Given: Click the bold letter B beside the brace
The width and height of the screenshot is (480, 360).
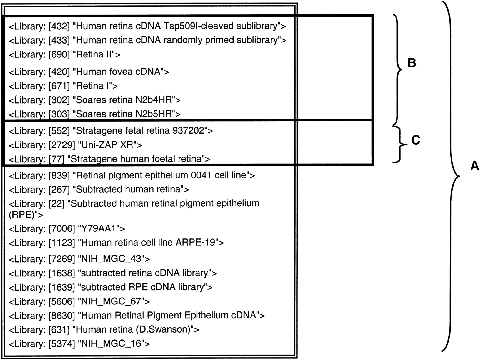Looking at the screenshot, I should point(411,63).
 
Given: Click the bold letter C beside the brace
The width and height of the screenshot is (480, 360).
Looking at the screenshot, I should point(416,140).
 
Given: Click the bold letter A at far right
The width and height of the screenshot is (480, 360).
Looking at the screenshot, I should point(475,166).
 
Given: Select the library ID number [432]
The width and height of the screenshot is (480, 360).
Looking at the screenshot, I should point(59,26).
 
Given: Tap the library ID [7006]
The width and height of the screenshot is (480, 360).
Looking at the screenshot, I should point(62,229).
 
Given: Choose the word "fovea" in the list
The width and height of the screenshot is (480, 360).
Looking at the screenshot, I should point(122,72).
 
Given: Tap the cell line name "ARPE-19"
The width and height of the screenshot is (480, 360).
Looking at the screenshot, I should point(195,243).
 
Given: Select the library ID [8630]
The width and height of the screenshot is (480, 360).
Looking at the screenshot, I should point(62,316).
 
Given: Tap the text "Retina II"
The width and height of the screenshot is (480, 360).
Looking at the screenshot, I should point(94,54).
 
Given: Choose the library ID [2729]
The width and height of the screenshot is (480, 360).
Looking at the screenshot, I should point(62,145).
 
